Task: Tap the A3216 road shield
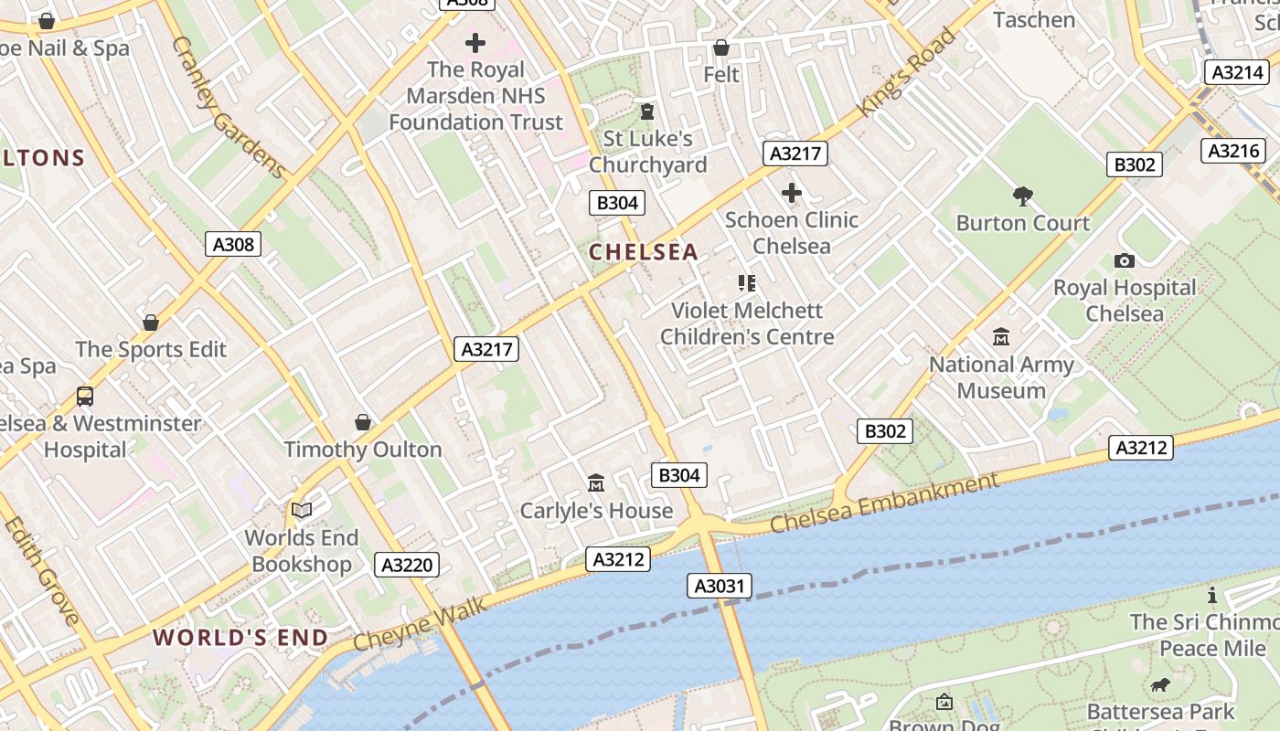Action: pos(1233,151)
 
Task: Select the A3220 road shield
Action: pos(407,565)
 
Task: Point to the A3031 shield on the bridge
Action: pos(720,586)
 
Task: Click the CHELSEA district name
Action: pos(643,252)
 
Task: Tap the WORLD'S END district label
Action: pos(240,638)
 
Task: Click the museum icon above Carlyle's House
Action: pos(596,482)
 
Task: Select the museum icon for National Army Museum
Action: pos(1001,337)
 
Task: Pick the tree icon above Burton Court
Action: pos(1023,196)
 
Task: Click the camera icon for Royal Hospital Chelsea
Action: pos(1125,260)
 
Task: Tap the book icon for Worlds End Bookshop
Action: pos(302,510)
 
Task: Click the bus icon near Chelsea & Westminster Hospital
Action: pos(85,396)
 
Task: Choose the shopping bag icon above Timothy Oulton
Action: pos(363,421)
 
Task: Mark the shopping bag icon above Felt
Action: pos(721,47)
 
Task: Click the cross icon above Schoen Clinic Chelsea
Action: pos(792,193)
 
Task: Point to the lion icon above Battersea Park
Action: pos(1161,684)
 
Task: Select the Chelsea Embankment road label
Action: pos(884,503)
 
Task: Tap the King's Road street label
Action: pos(907,73)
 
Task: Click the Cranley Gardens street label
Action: pos(229,107)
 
